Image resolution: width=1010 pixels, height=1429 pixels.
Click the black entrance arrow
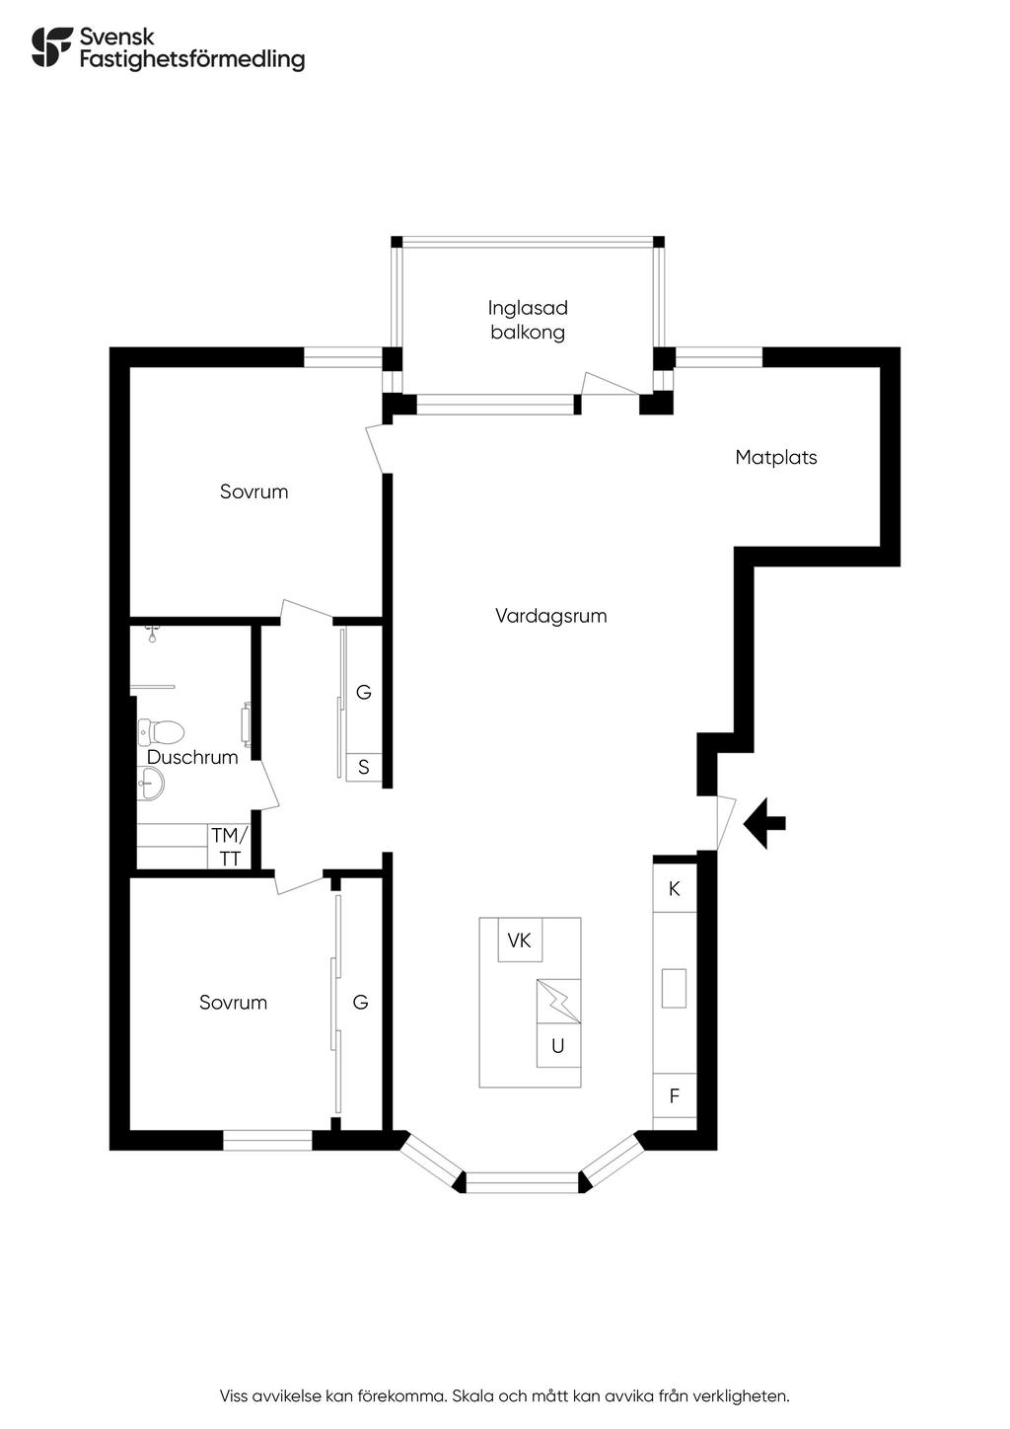(x=763, y=824)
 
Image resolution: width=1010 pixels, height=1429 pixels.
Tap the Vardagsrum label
(x=551, y=616)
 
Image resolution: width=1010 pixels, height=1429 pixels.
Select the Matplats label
(x=776, y=457)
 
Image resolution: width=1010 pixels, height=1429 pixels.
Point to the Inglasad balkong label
(x=528, y=321)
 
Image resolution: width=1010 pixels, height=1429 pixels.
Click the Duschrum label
(x=192, y=757)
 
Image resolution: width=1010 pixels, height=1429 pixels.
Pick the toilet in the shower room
(x=161, y=732)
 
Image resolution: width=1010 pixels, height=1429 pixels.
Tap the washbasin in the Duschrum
(x=151, y=783)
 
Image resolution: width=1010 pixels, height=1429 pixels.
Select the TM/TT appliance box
(x=229, y=847)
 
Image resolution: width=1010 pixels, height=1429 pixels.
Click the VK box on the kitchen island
(x=520, y=940)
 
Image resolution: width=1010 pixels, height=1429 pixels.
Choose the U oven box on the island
(x=558, y=1045)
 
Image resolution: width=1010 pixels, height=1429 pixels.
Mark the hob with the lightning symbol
(x=558, y=1001)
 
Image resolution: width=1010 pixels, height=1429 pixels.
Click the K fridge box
(x=675, y=888)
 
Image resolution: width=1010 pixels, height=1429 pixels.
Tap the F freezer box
(x=675, y=1096)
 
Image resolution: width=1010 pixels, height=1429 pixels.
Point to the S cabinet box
(x=364, y=767)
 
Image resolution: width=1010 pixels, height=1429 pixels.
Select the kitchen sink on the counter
(x=674, y=988)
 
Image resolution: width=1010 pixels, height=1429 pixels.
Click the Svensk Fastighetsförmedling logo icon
(x=52, y=46)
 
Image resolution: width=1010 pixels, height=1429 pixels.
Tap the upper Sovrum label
(x=253, y=491)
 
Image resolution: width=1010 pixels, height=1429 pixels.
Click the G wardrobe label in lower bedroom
(x=361, y=1003)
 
